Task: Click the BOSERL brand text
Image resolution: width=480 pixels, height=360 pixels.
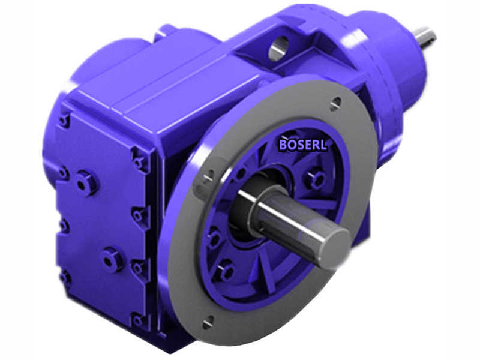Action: click(x=303, y=144)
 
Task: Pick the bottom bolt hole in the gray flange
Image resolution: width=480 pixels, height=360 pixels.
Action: click(x=208, y=323)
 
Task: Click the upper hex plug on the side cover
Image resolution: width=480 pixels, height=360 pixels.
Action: click(x=86, y=182)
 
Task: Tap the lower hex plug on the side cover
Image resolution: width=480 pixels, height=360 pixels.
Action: click(x=112, y=259)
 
